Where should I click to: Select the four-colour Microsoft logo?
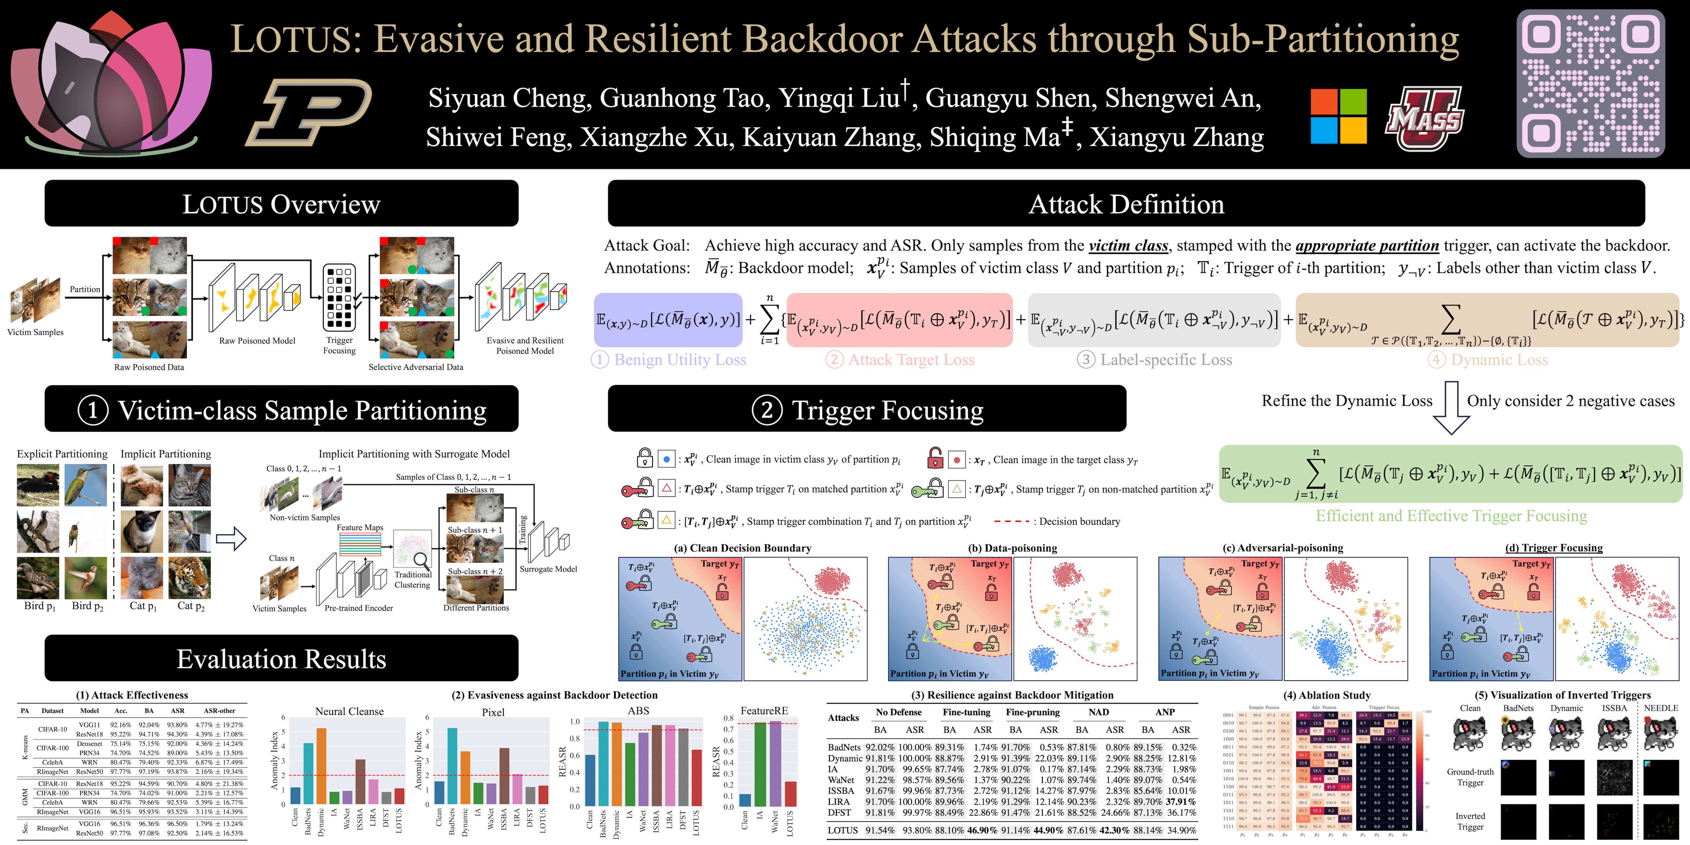click(x=1338, y=116)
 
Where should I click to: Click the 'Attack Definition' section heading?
click(x=1126, y=204)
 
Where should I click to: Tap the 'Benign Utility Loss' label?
click(x=680, y=359)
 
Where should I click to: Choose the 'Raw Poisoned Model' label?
click(x=257, y=341)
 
